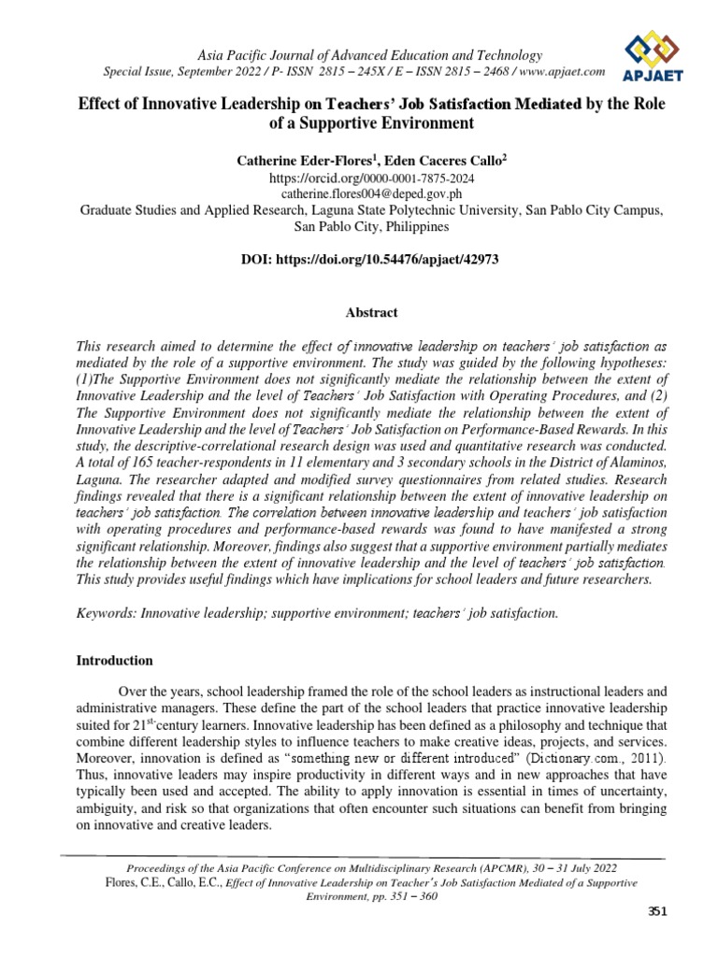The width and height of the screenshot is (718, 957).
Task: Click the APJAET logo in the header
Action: point(659,54)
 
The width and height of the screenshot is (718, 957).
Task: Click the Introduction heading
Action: point(114,660)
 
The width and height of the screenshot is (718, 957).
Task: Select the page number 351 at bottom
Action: point(658,912)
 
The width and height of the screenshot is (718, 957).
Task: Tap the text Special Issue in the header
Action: point(135,72)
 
